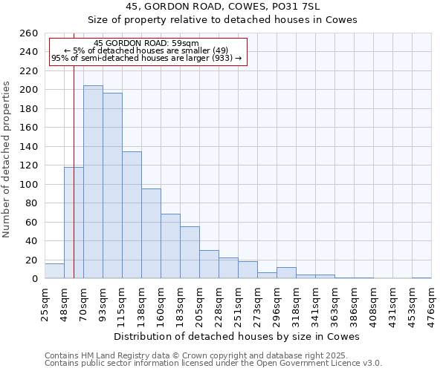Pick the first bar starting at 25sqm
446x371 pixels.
pyautogui.click(x=54, y=271)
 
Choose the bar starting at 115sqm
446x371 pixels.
pyautogui.click(x=132, y=215)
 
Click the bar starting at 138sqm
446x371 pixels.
pyautogui.click(x=151, y=234)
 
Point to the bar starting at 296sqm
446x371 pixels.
pyautogui.click(x=286, y=273)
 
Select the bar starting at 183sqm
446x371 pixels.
pyautogui.click(x=190, y=252)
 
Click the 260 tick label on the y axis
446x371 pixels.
pyautogui.click(x=29, y=33)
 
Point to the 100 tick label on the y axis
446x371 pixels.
pyautogui.click(x=29, y=185)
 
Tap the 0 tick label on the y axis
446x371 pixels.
pyautogui.click(x=35, y=279)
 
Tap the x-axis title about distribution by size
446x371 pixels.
pyautogui.click(x=237, y=336)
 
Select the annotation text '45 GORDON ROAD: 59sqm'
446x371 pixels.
pyautogui.click(x=146, y=43)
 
